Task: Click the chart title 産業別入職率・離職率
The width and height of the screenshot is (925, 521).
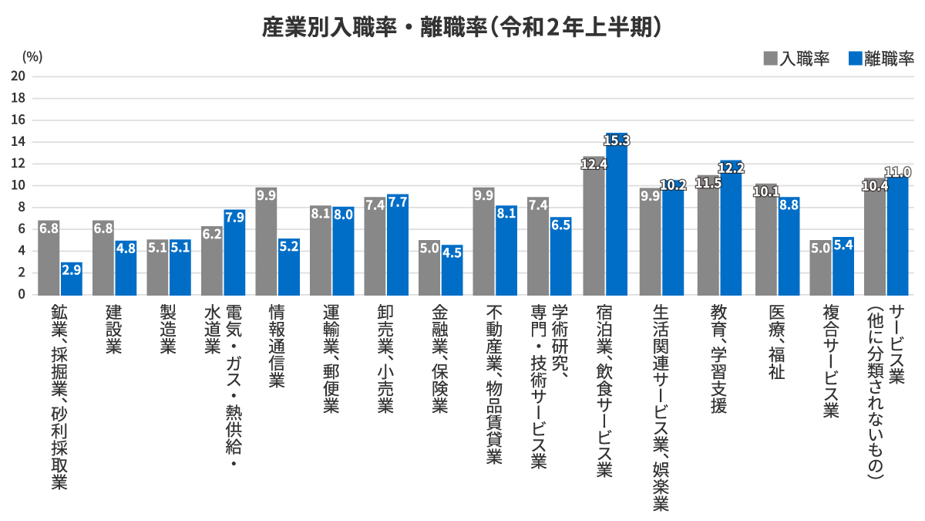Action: tap(462, 27)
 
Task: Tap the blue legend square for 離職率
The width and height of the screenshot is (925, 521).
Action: tap(853, 59)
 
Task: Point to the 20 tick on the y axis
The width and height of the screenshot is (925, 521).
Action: tap(18, 76)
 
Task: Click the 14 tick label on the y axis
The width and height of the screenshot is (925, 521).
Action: tap(18, 142)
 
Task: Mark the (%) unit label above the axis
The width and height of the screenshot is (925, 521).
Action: tap(32, 56)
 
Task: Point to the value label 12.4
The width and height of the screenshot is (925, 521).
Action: tap(594, 164)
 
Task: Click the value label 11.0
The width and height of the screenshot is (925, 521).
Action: tap(898, 172)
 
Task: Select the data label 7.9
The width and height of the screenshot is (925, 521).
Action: tap(235, 217)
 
